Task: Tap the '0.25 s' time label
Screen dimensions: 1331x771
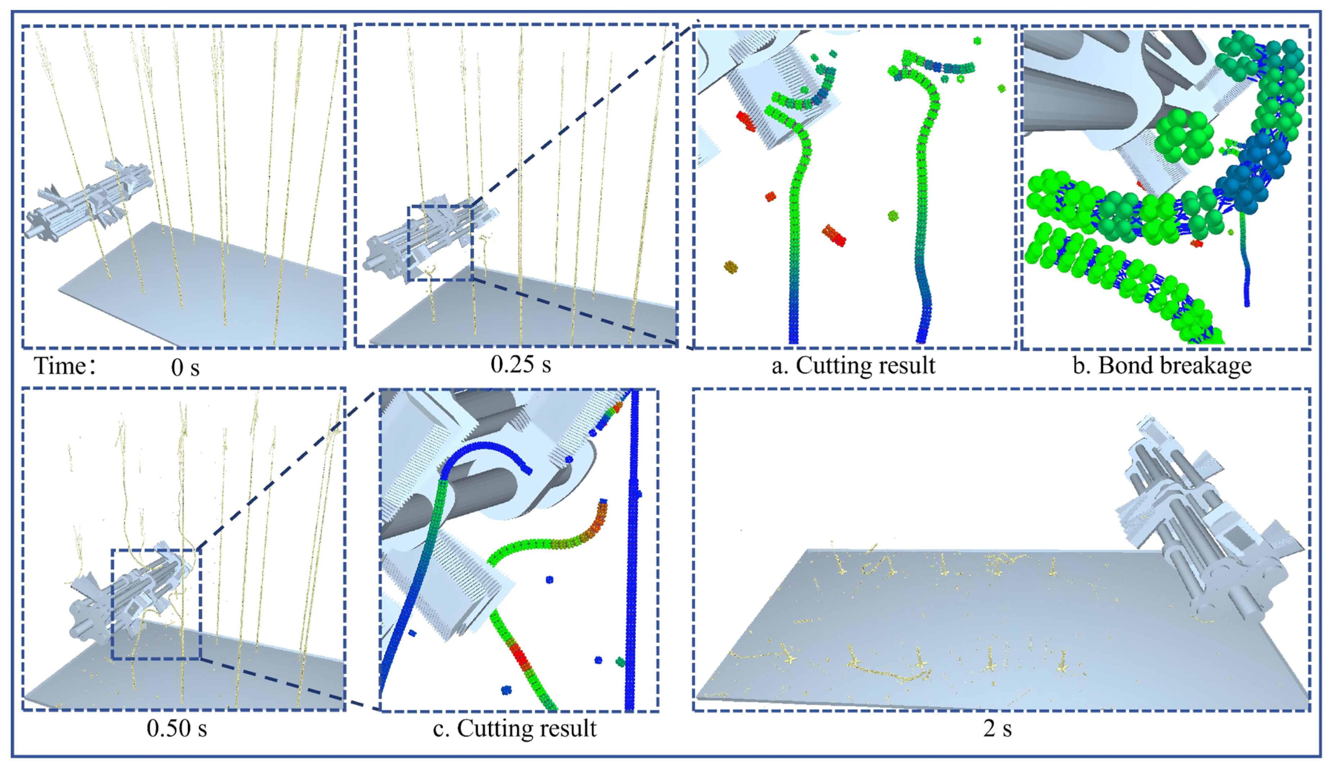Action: pyautogui.click(x=521, y=364)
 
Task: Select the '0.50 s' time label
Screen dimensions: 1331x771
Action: pyautogui.click(x=177, y=728)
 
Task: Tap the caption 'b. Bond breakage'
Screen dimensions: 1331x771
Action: pyautogui.click(x=1163, y=365)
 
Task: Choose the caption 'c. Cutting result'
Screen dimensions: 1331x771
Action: pyautogui.click(x=514, y=728)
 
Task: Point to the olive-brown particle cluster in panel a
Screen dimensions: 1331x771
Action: pyautogui.click(x=730, y=267)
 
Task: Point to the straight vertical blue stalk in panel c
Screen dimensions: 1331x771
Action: pyautogui.click(x=631, y=549)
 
